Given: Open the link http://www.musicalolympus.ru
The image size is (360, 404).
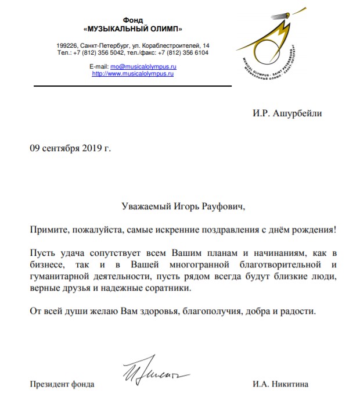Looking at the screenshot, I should pos(134,74).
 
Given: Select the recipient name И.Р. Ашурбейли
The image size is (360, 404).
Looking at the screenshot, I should pos(287,113).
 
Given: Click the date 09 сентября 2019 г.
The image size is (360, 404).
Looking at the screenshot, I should pos(70,148).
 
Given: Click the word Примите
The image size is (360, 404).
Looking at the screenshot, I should pos(48,230).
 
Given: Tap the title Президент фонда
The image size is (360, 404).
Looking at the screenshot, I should pos(62,384).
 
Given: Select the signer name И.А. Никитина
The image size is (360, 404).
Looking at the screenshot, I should pos(280,384).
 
